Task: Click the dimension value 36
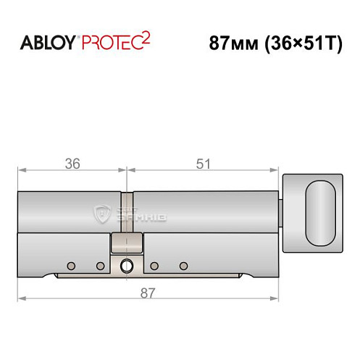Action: click(x=72, y=164)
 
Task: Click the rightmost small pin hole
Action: click(x=184, y=263)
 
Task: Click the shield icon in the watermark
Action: click(x=100, y=212)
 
